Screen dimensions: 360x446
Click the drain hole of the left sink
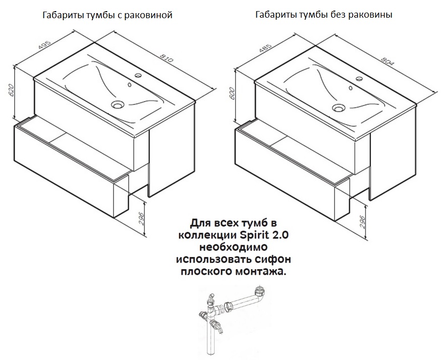118,106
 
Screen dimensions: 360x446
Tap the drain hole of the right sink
338,107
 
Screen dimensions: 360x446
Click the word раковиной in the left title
150,15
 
